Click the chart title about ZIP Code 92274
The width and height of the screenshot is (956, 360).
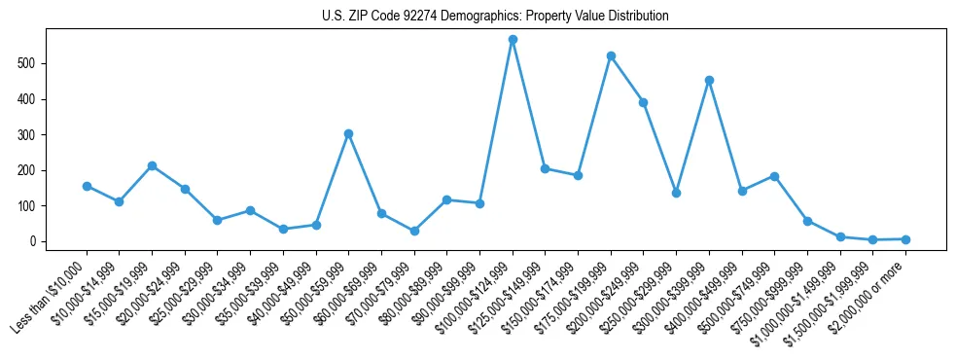(x=495, y=17)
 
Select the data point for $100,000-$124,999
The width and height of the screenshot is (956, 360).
(x=513, y=40)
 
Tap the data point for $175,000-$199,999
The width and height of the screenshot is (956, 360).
(x=611, y=55)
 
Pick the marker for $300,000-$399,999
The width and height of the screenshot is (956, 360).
(x=709, y=80)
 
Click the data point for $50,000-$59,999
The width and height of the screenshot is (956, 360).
(x=348, y=133)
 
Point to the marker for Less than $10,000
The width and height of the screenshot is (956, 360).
(x=87, y=186)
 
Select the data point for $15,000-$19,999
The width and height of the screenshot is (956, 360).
(x=152, y=165)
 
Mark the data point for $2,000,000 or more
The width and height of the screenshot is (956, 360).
(x=905, y=239)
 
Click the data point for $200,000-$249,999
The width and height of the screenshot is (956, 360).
(x=643, y=102)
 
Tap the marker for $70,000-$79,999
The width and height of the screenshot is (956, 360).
(x=414, y=231)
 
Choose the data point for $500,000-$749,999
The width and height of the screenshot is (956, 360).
(x=774, y=176)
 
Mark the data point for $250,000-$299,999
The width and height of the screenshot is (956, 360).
(x=676, y=193)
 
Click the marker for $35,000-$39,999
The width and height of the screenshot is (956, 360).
(x=283, y=230)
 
